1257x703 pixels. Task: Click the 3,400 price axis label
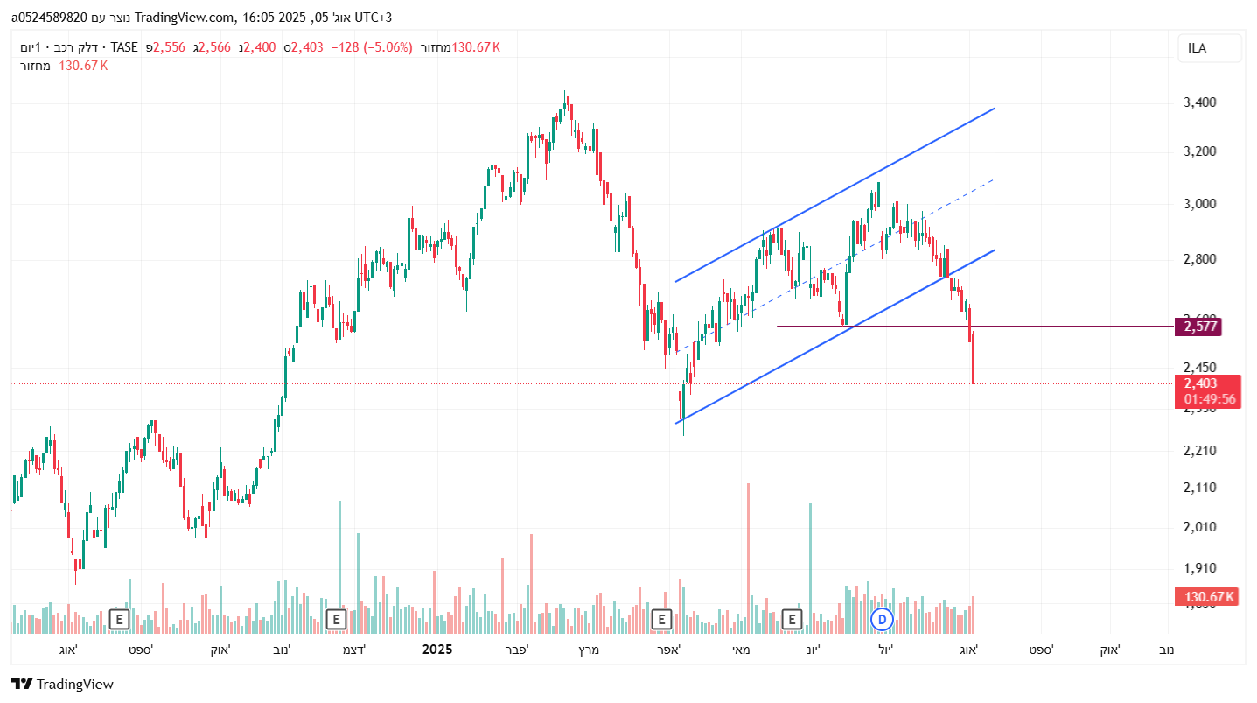click(1199, 102)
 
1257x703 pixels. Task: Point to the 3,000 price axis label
click(1199, 204)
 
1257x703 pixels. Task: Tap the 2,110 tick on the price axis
click(1199, 488)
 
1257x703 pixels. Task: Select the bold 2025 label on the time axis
click(437, 650)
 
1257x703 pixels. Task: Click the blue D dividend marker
click(883, 620)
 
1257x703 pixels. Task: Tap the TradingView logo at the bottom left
click(63, 685)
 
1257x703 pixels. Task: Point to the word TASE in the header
click(124, 47)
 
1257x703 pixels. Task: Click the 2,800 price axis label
click(1199, 259)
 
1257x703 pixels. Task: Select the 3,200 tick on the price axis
click(1199, 151)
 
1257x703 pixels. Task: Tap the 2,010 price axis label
click(1199, 527)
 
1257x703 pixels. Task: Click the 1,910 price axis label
click(1199, 568)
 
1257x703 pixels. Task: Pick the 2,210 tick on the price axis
click(1199, 451)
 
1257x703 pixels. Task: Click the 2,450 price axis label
click(1199, 368)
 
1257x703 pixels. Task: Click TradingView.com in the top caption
click(185, 18)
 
